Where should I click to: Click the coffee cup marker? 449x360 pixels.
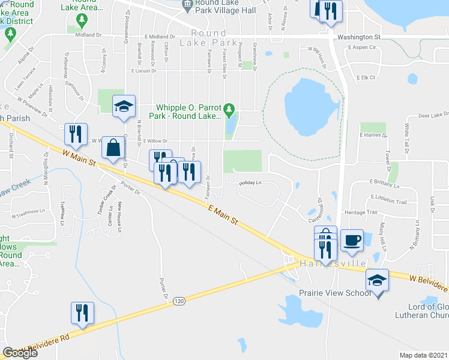pos(352,241)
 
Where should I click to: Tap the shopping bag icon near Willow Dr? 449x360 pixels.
pos(113,148)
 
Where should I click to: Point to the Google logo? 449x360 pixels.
pos(20,353)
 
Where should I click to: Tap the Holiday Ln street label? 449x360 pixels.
pos(251,182)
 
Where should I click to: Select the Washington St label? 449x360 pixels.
pos(360,37)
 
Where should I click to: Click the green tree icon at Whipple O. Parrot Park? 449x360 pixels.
pos(229,110)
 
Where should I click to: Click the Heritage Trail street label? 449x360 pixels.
pos(360,212)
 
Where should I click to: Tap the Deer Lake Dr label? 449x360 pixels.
pos(433,114)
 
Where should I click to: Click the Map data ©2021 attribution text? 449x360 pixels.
pos(424,355)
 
